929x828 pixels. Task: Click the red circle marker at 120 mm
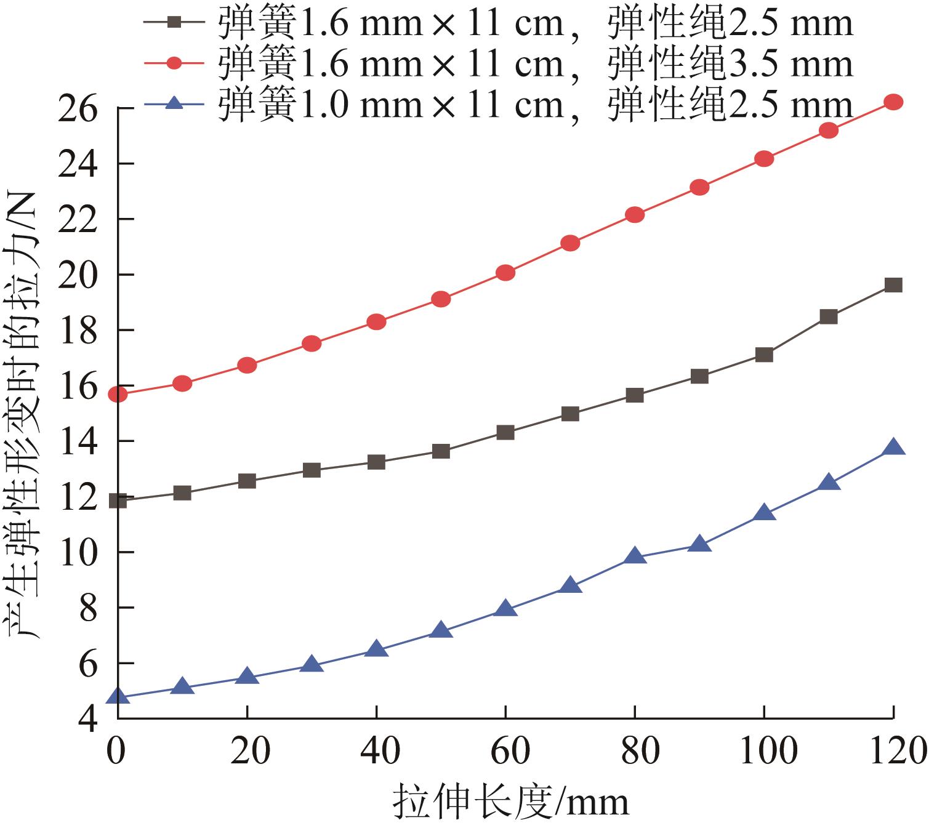pos(893,102)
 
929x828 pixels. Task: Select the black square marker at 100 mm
pos(764,355)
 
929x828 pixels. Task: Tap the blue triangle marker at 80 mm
pos(635,557)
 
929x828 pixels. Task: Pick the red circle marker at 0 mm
pos(118,394)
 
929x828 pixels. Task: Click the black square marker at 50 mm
pos(441,451)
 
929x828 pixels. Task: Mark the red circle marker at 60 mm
pos(505,273)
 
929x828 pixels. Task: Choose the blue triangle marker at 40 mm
pos(376,649)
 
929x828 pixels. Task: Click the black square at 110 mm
pos(829,316)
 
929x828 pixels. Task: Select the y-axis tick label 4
pos(88,718)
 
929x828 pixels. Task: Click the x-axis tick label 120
pos(893,751)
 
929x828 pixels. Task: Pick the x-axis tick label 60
pos(505,751)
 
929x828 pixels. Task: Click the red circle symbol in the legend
pos(175,63)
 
